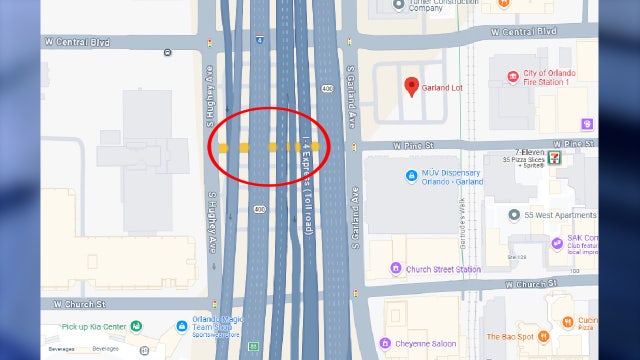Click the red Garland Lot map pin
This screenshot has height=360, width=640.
411,85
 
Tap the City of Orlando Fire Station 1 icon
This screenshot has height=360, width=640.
513,77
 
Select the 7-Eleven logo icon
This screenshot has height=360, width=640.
566,156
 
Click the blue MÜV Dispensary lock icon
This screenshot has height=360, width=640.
411,176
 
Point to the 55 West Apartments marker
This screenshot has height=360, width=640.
513,215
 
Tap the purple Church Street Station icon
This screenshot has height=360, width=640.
397,268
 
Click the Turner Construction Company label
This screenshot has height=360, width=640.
409,5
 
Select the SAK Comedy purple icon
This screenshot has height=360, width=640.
555,242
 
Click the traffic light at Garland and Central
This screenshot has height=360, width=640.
352,42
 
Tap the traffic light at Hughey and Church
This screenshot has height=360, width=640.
219,302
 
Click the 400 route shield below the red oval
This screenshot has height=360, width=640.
260,209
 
